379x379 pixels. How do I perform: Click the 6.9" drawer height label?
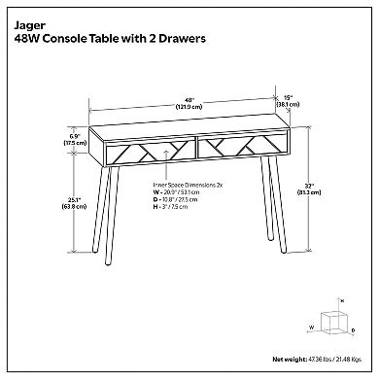[68, 139]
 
